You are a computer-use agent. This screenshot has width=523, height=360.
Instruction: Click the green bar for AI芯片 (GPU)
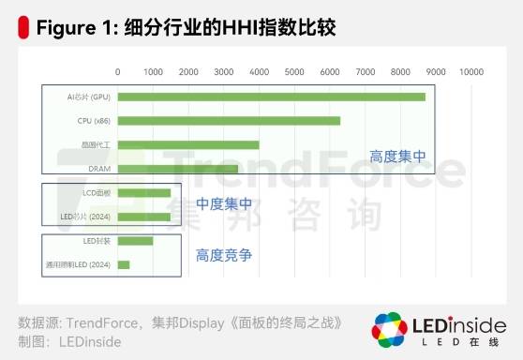coord(271,97)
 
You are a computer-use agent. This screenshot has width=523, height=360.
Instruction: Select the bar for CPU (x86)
coord(229,121)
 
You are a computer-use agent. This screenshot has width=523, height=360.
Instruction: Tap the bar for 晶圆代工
coord(187,144)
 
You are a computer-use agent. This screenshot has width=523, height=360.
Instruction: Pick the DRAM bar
coord(178,169)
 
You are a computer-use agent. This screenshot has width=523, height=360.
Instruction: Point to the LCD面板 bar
coord(144,193)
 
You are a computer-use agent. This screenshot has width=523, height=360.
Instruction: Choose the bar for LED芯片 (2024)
coord(144,217)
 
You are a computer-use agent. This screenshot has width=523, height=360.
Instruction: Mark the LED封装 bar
coord(135,241)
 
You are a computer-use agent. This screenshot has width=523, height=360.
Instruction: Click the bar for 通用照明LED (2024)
coord(124,265)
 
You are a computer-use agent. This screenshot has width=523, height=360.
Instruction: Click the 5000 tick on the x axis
coord(294,71)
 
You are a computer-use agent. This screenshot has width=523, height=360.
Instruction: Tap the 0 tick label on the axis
coord(118,71)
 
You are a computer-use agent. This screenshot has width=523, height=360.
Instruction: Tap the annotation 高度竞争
coord(224,254)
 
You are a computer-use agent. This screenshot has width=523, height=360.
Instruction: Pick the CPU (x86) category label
coord(94,121)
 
